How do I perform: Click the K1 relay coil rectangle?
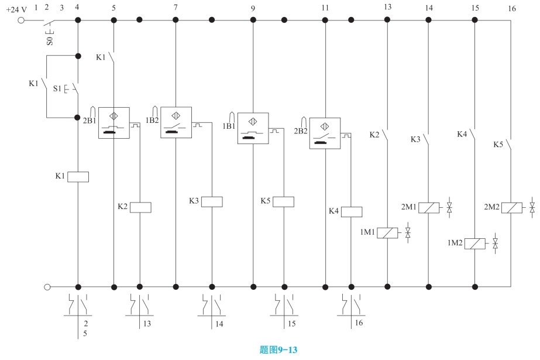point(78,176)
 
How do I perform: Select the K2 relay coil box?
point(140,207)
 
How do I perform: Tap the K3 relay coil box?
point(211,201)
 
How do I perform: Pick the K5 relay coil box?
point(284,201)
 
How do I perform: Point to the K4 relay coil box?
point(351,211)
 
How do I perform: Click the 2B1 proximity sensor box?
point(113,122)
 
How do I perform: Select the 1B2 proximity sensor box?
point(176,122)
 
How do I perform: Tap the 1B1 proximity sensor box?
point(253,128)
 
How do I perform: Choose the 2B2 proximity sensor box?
point(325,133)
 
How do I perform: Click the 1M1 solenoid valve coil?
point(387,233)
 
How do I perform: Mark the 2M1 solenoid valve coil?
point(428,207)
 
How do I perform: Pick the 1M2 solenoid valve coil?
point(474,244)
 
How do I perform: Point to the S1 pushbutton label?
point(57,89)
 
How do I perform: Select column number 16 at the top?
point(512,9)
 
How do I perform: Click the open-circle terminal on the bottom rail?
point(47,287)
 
